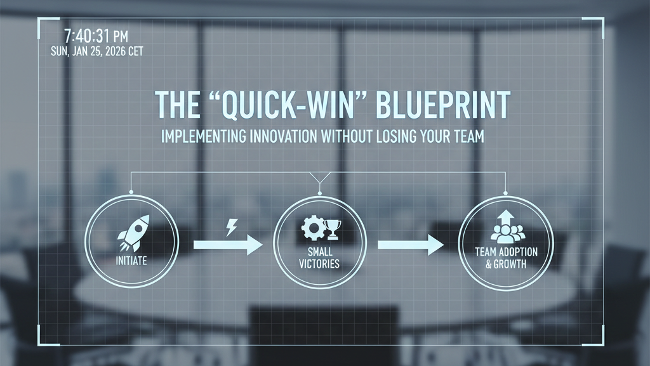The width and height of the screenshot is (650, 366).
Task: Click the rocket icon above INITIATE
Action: (133, 233)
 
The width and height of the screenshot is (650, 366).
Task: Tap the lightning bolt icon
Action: (232, 228)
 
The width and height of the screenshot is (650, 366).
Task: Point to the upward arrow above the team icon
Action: (506, 218)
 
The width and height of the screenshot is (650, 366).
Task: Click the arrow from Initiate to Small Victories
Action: (228, 245)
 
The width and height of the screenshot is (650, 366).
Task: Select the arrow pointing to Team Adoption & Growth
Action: (411, 245)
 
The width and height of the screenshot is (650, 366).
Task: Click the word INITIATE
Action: (131, 261)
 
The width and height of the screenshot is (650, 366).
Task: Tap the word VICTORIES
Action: (319, 264)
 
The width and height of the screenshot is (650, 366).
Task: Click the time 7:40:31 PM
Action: (96, 36)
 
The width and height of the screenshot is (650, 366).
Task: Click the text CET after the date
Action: (136, 51)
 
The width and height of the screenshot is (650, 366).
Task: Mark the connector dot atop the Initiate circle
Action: (131, 192)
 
